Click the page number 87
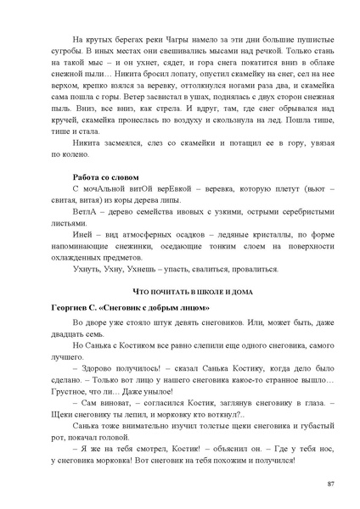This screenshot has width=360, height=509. [x=329, y=483]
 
